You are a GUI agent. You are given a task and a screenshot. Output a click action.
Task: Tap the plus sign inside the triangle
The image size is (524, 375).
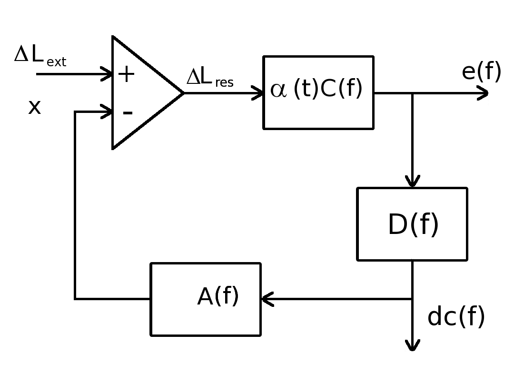[126, 75]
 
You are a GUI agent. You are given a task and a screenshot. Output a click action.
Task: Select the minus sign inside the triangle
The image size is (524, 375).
[127, 113]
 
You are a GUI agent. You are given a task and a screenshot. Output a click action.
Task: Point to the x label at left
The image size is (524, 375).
[34, 107]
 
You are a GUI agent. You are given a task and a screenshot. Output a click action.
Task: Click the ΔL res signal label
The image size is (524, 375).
[210, 78]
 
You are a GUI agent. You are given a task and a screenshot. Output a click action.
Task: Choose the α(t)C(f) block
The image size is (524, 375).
[318, 92]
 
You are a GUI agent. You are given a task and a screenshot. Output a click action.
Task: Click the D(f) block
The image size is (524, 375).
[412, 224]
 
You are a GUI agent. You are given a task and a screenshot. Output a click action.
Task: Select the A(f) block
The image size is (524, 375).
[206, 299]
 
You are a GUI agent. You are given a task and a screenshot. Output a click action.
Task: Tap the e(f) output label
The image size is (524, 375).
[481, 72]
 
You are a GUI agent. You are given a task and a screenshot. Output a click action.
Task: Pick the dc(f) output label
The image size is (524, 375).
[456, 316]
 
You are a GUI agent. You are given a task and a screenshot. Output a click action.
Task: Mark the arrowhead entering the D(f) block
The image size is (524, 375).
[413, 182]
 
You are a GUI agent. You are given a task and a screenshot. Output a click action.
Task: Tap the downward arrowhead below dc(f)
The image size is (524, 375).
[413, 345]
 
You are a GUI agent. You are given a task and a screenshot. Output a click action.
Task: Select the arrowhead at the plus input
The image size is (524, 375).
[107, 75]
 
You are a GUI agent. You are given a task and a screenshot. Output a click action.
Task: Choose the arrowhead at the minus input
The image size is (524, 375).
[107, 112]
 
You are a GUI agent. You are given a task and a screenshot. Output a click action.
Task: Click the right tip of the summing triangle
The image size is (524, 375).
[183, 93]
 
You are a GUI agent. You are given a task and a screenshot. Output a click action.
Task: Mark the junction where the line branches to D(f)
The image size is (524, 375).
[413, 93]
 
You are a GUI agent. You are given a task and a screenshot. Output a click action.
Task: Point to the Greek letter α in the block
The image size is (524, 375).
[279, 91]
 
